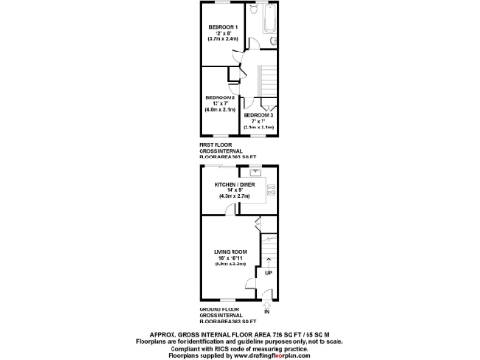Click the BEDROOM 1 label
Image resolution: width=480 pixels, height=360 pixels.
[223, 26]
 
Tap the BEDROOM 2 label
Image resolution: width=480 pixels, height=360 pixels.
[220, 97]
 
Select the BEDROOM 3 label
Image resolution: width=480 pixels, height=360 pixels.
[258, 114]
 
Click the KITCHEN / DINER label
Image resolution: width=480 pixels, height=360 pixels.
[232, 185]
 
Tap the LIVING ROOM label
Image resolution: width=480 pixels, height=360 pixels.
[231, 252]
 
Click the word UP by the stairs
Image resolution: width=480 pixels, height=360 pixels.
[269, 274]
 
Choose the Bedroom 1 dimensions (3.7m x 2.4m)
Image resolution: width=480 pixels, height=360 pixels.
[223, 38]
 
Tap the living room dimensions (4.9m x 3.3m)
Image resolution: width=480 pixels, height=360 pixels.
[231, 264]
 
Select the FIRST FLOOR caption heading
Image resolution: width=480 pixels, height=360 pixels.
[215, 145]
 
